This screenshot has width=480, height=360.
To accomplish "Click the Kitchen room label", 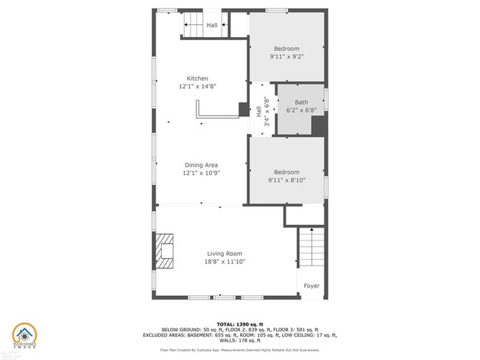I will tap(197, 78).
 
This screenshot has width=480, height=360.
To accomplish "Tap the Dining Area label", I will tap(201, 165).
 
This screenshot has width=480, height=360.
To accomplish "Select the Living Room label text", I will tap(224, 254).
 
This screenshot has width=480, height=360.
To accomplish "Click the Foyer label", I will tap(312, 286).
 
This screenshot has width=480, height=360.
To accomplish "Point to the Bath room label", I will tap(301, 103).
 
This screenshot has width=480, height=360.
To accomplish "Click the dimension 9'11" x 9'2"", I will tap(287, 56).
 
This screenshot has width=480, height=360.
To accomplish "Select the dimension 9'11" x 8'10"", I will tap(287, 179).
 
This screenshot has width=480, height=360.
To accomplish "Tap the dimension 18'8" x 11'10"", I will tap(224, 261).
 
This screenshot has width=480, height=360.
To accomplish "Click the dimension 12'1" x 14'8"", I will tap(197, 86).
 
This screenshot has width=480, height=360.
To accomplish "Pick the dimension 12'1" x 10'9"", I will tap(201, 173).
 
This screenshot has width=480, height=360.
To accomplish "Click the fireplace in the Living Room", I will tap(165, 252).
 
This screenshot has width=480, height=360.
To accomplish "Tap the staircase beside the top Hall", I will tap(193, 26).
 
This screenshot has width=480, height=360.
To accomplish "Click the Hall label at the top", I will tap(212, 26).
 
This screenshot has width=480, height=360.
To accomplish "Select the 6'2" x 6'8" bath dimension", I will tap(301, 111).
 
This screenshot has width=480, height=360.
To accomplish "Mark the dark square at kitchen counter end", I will tap(244, 109).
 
